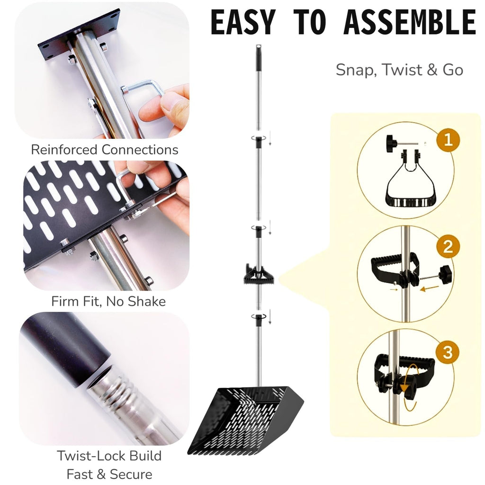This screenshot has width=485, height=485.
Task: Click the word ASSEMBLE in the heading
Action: click(x=410, y=22)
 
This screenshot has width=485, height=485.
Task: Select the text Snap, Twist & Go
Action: click(x=399, y=70)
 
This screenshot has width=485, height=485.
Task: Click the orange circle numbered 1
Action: click(x=448, y=140)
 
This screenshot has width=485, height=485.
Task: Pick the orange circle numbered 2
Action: click(x=448, y=246)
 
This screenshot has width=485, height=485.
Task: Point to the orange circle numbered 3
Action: click(x=448, y=352)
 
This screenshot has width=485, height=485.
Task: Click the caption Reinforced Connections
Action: click(x=105, y=150)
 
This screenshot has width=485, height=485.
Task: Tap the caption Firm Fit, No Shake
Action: click(x=108, y=301)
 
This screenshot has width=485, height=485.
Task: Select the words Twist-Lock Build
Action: click(x=109, y=456)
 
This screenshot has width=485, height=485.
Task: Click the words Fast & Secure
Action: click(x=109, y=474)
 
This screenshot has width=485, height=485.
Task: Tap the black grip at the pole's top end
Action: click(x=258, y=58)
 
